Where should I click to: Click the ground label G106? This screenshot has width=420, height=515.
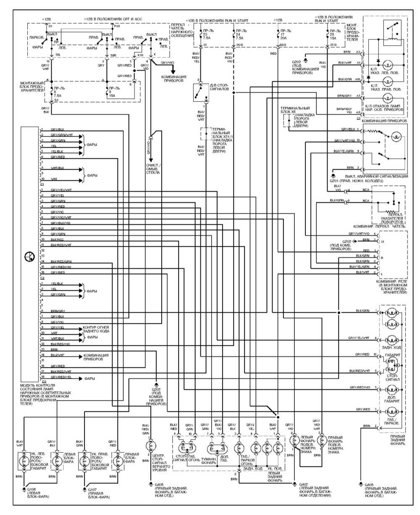tap(32, 489)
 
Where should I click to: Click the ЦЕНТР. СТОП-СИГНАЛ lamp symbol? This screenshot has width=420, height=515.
tap(149, 446)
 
